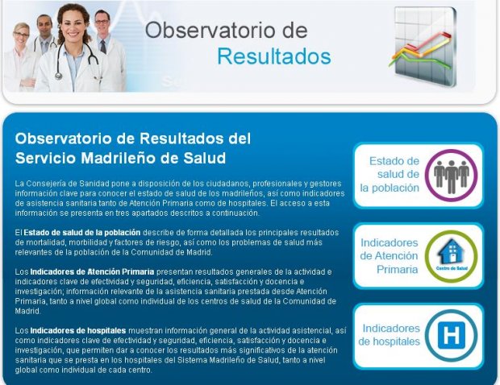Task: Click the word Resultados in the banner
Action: pos(274,56)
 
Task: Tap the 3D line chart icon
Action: pos(423,47)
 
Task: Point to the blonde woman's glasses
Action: pos(21,35)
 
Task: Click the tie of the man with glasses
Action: pos(103,47)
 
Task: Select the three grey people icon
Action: pos(452,176)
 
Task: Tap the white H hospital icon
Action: pos(452,335)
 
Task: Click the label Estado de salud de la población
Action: pos(390,175)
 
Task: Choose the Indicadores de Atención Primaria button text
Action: pos(389,256)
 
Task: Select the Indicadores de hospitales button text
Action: pos(389,335)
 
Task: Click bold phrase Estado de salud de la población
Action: pos(82,233)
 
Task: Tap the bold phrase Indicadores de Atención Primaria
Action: pos(92,272)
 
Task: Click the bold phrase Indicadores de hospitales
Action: pos(78,330)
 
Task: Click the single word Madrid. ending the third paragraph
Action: pos(28,311)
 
